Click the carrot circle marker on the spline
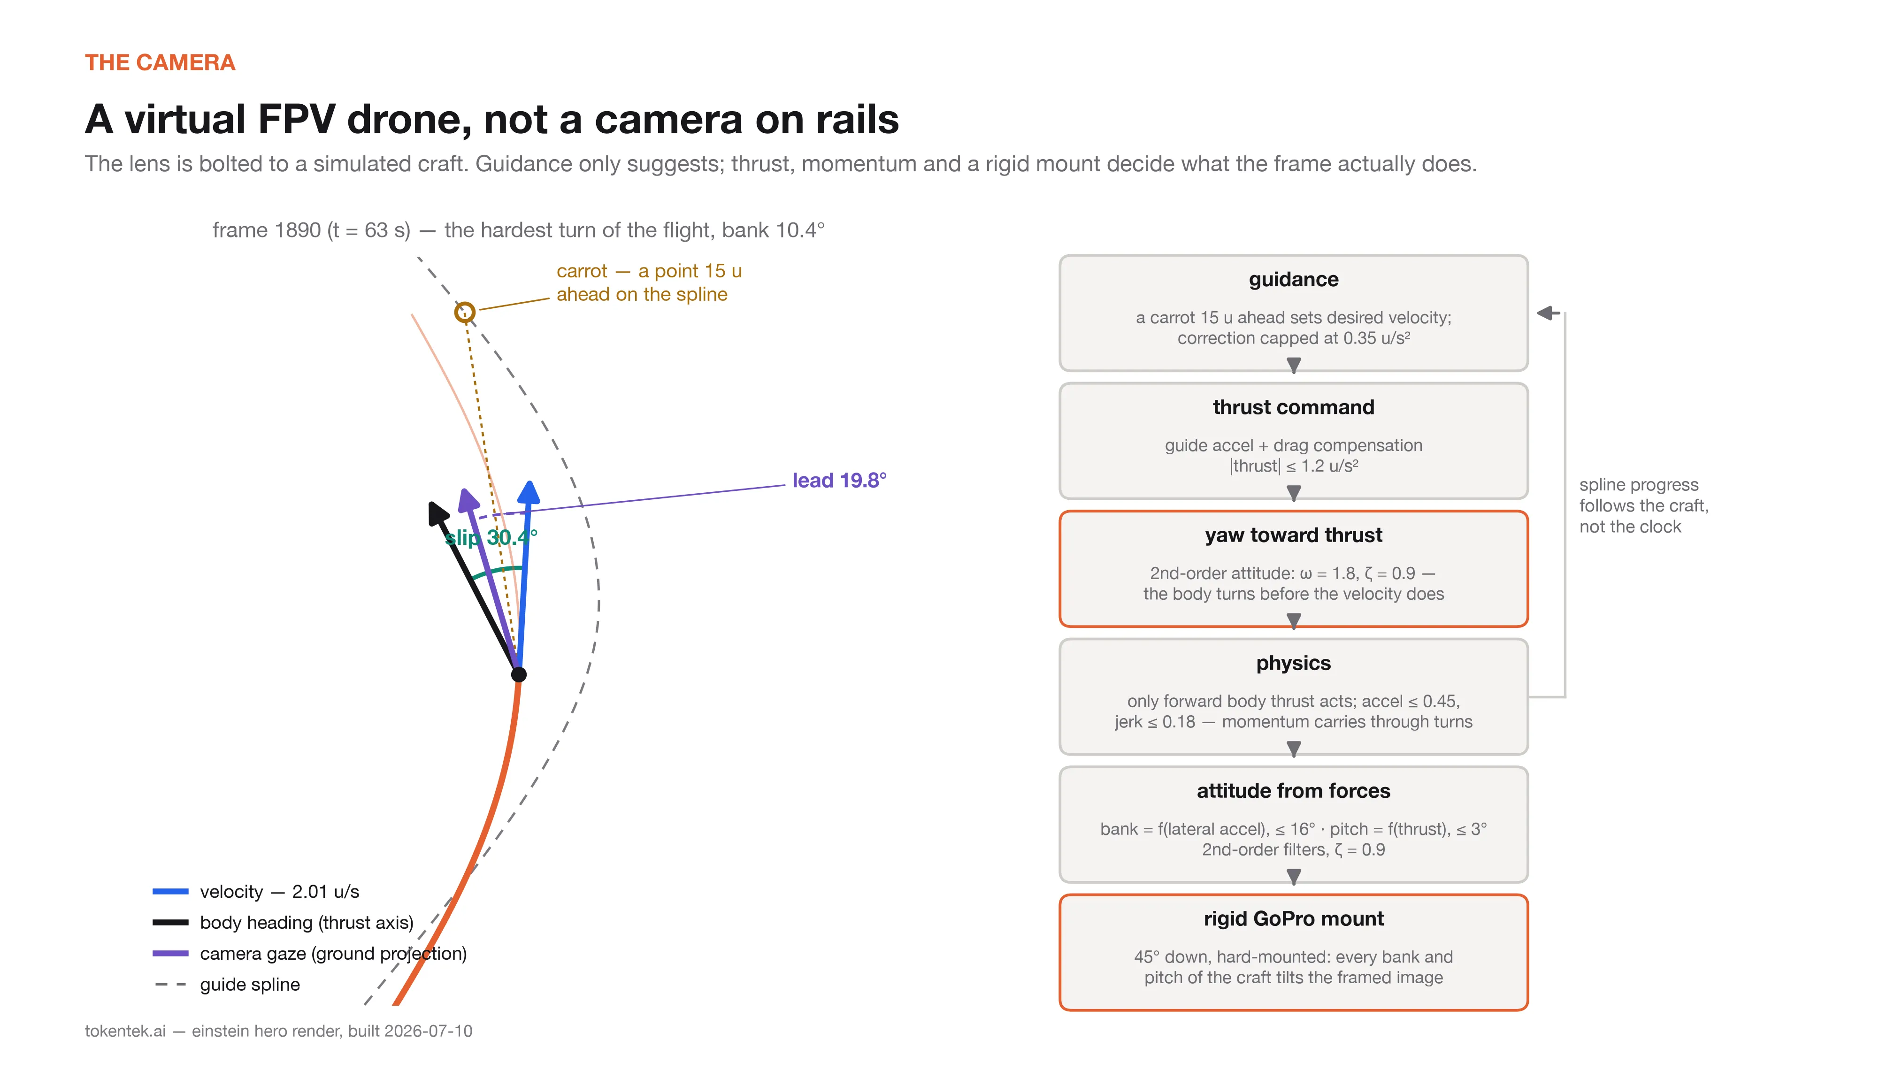pyautogui.click(x=464, y=313)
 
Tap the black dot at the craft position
pyautogui.click(x=519, y=674)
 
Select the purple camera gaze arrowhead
pyautogui.click(x=468, y=500)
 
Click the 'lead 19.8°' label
pyautogui.click(x=839, y=481)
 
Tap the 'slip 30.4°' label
pyautogui.click(x=491, y=537)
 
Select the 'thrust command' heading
pyautogui.click(x=1293, y=407)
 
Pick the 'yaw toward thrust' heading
pyautogui.click(x=1293, y=535)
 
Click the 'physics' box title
pyautogui.click(x=1293, y=663)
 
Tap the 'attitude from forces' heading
pyautogui.click(x=1293, y=791)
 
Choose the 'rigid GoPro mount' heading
pyautogui.click(x=1293, y=918)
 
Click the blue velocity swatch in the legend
pyautogui.click(x=170, y=891)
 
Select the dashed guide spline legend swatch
pyautogui.click(x=170, y=984)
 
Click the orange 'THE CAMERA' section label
pyautogui.click(x=160, y=62)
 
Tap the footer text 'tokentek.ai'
pyautogui.click(x=125, y=1031)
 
